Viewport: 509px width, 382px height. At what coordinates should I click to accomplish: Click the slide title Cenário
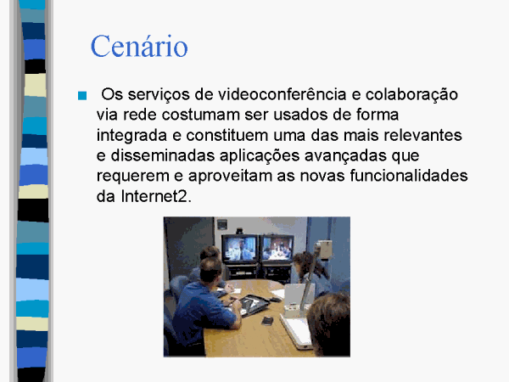139,46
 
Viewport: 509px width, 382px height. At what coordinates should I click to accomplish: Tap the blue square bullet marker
82,95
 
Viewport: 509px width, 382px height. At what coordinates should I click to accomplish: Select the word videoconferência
282,94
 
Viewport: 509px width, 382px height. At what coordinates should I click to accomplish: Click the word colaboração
411,95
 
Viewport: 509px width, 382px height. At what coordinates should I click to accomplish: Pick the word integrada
131,136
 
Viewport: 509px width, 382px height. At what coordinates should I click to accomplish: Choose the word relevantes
422,135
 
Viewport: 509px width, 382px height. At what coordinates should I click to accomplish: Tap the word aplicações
260,156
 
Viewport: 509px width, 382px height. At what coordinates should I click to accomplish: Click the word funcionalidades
409,176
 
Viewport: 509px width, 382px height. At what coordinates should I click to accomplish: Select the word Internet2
156,196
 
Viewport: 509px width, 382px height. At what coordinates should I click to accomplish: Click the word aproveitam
230,177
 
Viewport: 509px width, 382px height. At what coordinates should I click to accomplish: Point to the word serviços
159,95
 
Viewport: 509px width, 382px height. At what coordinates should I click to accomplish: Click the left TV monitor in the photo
240,249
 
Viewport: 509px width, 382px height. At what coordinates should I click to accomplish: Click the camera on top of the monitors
240,231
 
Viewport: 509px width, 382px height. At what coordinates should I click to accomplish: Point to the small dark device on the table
267,321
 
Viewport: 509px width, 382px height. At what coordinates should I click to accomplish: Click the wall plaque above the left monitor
222,224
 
